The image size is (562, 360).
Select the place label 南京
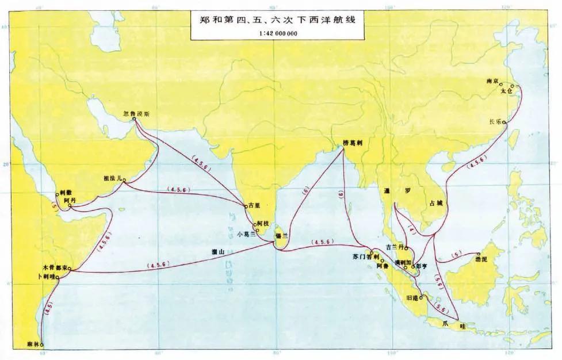(x=493, y=81)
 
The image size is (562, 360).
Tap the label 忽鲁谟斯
(x=136, y=114)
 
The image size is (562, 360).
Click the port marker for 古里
(x=246, y=206)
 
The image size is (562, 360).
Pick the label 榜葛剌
(x=354, y=142)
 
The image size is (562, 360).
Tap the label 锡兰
(x=282, y=235)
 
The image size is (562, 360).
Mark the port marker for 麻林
(x=41, y=345)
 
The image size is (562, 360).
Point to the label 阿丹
(x=70, y=200)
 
